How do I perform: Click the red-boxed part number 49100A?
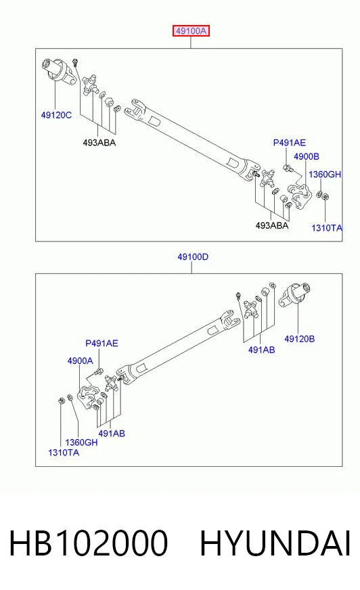191,31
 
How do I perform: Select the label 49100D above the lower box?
193,257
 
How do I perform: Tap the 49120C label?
56,115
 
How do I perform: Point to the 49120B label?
299,339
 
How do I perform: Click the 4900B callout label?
307,156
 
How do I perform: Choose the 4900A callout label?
80,361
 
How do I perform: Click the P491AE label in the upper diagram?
289,143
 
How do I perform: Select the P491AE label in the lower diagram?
102,343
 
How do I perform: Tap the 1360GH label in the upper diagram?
325,174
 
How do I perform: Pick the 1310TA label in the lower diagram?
64,452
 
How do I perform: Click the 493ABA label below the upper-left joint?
99,143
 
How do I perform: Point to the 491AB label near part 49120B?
261,350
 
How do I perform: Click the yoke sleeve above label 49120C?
58,72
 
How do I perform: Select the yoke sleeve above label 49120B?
294,294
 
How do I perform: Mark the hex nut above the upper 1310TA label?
325,196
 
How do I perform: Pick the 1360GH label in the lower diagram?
81,442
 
